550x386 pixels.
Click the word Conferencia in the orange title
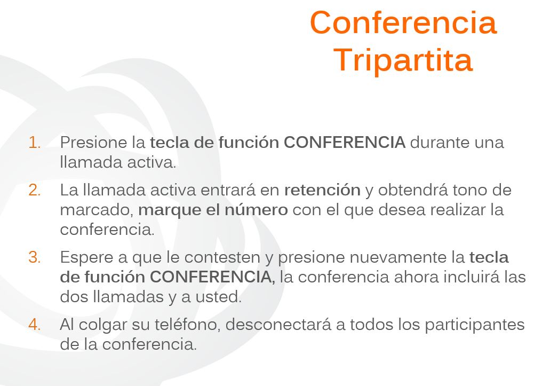pos(403,22)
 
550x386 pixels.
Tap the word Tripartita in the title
pos(403,60)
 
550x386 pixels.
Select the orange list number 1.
pos(34,143)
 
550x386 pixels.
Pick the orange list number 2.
pos(34,190)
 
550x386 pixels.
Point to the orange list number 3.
pos(34,257)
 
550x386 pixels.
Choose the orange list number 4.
pos(34,325)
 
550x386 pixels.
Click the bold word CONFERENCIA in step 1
pos(345,143)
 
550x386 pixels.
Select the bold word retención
pos(322,190)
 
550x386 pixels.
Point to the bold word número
pos(256,210)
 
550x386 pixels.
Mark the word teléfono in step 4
pos(187,325)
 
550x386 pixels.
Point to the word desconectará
pos(278,325)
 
